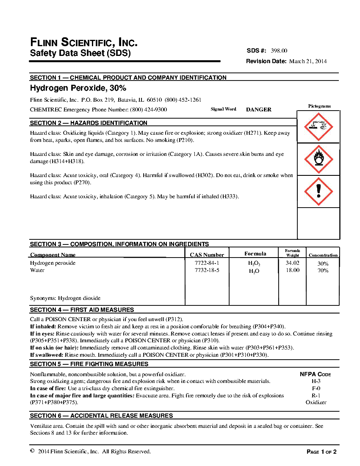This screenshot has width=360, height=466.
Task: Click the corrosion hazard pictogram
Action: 318,126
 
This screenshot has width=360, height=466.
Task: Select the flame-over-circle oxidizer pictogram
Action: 318,159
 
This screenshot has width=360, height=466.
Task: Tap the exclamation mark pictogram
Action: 318,191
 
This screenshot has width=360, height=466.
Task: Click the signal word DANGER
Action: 259,109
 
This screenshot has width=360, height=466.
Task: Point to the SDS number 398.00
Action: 279,51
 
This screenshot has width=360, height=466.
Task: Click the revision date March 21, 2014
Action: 308,61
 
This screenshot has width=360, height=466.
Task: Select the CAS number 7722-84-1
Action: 207,263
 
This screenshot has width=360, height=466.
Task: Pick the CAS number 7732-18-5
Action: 207,270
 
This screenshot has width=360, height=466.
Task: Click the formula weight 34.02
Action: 292,263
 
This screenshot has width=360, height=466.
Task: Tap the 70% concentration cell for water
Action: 323,271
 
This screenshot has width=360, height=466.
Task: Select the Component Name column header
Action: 53,255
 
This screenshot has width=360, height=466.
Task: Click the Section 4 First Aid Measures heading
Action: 82,310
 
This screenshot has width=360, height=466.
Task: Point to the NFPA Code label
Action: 316,374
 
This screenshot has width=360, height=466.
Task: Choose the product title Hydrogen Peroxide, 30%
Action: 78,89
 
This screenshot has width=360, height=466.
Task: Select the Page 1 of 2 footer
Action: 321,452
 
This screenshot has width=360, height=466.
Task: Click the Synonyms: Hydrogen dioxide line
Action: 65,298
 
